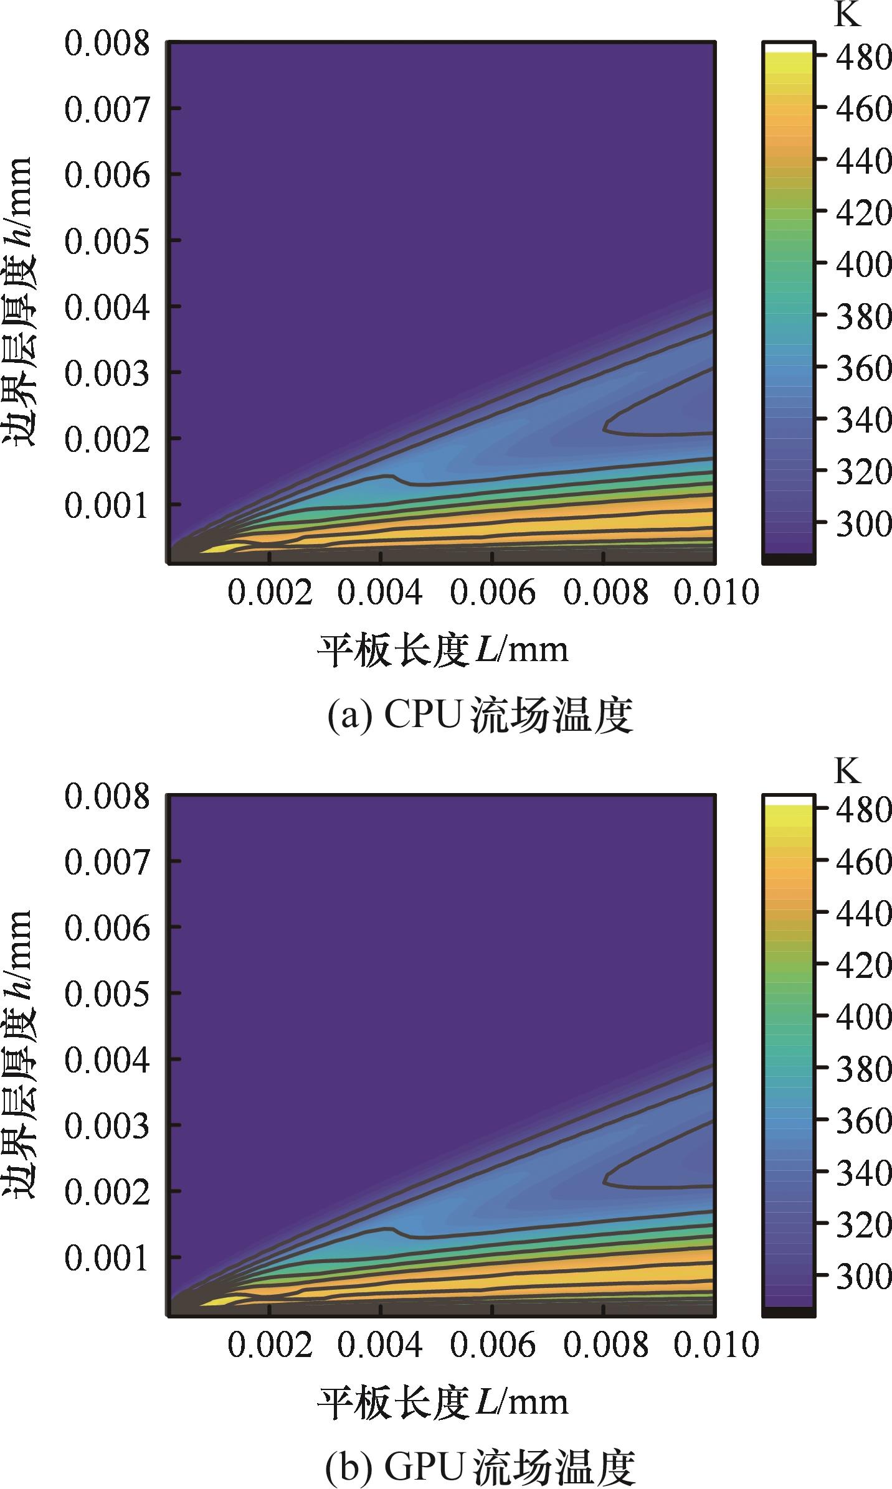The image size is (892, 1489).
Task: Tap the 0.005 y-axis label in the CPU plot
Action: [107, 242]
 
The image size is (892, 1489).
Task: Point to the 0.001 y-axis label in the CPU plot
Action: [107, 505]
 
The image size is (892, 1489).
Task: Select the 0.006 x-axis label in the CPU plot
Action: [492, 592]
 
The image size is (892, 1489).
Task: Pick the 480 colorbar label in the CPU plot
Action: [863, 57]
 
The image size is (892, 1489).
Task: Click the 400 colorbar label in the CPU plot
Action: [863, 265]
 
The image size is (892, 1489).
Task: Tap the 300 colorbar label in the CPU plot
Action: [863, 524]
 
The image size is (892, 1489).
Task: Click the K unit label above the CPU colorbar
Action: [847, 16]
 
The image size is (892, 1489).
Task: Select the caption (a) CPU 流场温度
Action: [480, 716]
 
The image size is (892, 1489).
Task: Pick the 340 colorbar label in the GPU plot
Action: [863, 1173]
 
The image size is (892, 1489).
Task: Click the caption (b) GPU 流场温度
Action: [480, 1468]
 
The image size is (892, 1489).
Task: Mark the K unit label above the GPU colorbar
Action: [847, 771]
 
